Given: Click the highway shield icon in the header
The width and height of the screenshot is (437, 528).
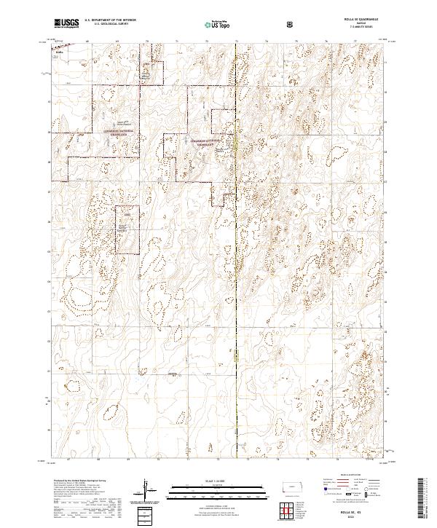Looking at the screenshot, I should [x=292, y=24].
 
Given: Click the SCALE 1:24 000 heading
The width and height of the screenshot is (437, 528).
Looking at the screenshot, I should [x=219, y=478].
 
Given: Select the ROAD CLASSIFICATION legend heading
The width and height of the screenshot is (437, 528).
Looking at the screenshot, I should [x=350, y=473].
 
